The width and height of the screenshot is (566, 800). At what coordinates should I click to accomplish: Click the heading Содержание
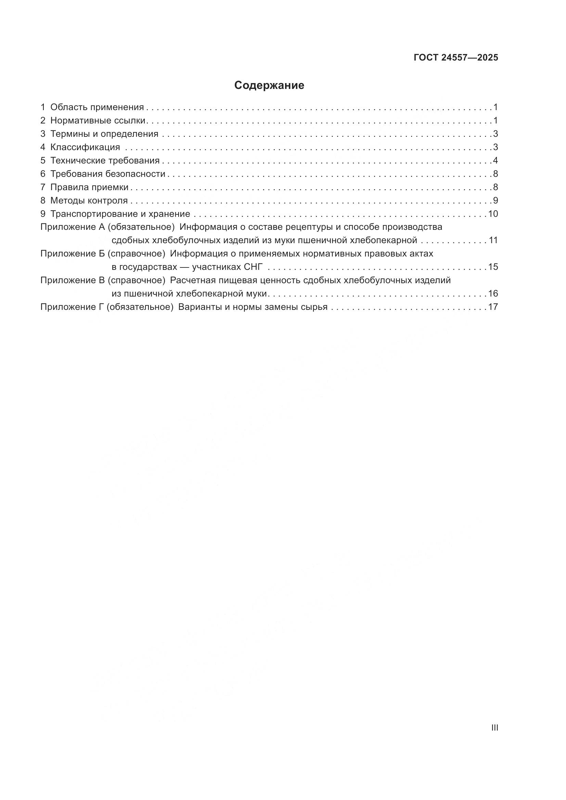[269, 86]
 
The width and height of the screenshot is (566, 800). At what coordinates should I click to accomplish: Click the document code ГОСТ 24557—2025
[456, 58]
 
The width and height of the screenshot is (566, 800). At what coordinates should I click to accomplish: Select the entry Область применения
[97, 107]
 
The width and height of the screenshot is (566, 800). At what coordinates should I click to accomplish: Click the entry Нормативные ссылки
[98, 120]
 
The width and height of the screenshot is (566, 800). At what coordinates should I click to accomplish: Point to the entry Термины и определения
[104, 134]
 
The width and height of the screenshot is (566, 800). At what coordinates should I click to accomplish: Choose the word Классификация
[85, 147]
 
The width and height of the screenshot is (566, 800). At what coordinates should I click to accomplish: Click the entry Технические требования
[105, 161]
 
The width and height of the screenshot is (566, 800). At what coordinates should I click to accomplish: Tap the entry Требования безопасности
[108, 174]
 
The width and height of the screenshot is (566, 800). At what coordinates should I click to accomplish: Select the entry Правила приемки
[89, 187]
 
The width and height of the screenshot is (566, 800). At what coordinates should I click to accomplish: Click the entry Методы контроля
[89, 201]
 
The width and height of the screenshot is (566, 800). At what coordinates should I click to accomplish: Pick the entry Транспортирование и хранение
[120, 214]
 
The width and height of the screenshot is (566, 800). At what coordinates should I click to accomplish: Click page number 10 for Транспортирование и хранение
[493, 214]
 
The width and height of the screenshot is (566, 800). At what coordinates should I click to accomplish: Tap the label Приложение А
[73, 227]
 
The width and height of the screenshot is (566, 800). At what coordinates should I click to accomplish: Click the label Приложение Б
[73, 254]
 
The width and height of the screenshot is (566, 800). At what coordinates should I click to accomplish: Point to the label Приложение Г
[72, 307]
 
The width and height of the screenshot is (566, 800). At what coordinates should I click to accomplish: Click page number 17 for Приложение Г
[493, 307]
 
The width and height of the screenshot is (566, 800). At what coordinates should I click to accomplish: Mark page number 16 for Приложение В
[493, 294]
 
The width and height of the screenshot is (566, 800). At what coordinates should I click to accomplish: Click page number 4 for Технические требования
[495, 161]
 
